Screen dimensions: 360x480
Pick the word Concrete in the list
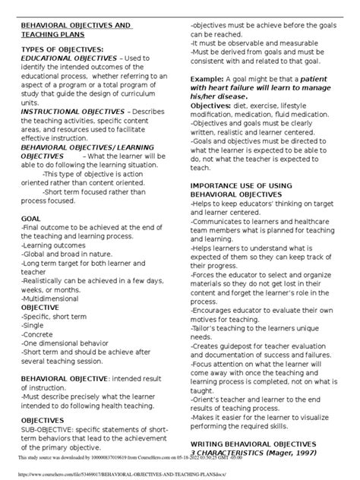click(x=37, y=324)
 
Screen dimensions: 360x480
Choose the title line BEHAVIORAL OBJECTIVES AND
click(x=75, y=26)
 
